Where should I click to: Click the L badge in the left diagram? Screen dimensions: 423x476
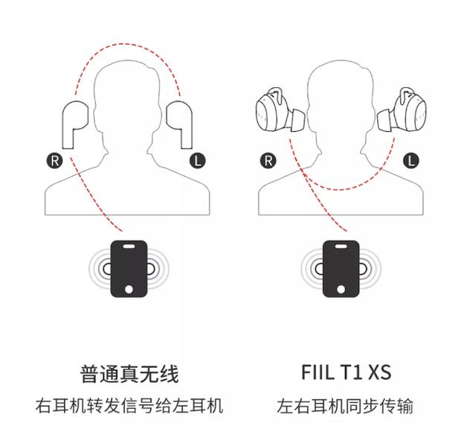(197, 159)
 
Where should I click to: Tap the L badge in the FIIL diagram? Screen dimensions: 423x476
(411, 159)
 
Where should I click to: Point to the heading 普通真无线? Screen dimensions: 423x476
(129, 373)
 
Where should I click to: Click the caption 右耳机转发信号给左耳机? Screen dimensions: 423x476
(129, 407)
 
